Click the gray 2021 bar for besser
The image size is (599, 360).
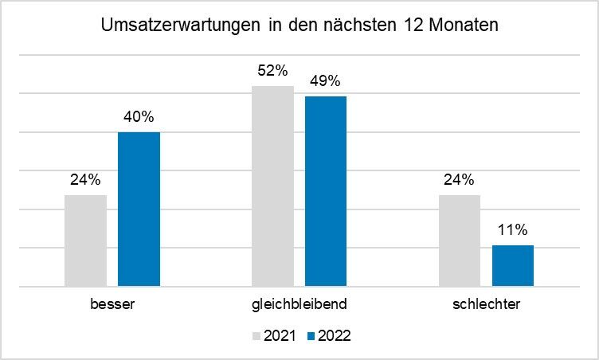pyautogui.click(x=85, y=240)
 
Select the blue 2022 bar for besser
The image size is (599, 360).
pyautogui.click(x=139, y=209)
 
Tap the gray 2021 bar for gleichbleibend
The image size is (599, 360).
pyautogui.click(x=272, y=186)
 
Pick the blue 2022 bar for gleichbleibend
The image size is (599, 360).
pyautogui.click(x=326, y=191)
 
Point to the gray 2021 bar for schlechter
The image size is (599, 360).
pyautogui.click(x=460, y=240)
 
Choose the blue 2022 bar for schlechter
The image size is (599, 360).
pyautogui.click(x=513, y=265)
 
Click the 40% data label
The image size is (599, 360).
pyautogui.click(x=139, y=116)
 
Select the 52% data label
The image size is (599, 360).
pyautogui.click(x=272, y=70)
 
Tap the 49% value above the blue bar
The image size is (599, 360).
pyautogui.click(x=326, y=80)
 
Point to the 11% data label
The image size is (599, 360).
pyautogui.click(x=513, y=230)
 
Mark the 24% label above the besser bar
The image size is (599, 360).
pyautogui.click(x=85, y=179)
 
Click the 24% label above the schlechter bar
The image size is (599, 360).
pyautogui.click(x=460, y=179)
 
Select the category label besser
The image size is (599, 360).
pyautogui.click(x=112, y=305)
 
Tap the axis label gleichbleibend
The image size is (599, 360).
pyautogui.click(x=299, y=305)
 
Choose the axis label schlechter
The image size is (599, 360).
pyautogui.click(x=486, y=305)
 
